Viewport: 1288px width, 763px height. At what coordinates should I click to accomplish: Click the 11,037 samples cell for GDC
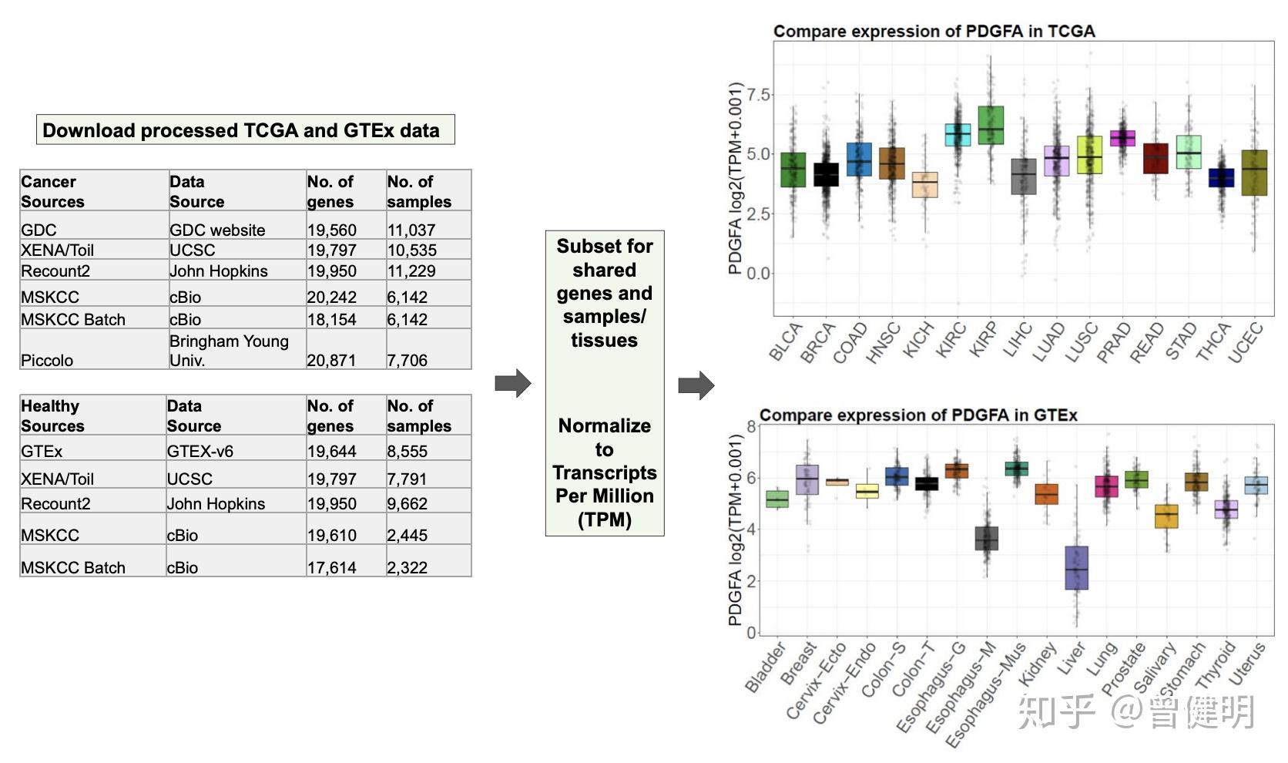coord(411,230)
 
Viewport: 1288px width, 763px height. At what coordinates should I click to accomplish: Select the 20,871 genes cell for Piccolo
coord(331,360)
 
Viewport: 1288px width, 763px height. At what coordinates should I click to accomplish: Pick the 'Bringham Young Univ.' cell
coord(229,350)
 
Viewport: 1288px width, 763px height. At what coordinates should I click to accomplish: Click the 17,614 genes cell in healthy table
coord(331,567)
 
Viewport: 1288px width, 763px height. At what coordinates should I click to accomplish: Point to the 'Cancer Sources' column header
coord(52,191)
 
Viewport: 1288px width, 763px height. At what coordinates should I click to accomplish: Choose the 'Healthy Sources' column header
coord(52,415)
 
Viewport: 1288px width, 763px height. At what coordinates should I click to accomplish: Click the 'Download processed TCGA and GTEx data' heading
coord(241,130)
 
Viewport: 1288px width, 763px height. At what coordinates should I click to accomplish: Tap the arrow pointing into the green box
coord(512,383)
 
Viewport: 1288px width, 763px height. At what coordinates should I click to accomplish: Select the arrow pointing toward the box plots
coord(696,385)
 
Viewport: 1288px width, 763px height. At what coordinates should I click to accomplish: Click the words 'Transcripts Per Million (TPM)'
coord(605,496)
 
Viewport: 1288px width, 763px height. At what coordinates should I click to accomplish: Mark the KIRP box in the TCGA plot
coord(991,126)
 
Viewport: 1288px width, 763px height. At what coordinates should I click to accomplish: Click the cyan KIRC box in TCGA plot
coord(958,135)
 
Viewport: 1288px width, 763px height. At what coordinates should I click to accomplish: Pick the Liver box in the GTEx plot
coord(1076,568)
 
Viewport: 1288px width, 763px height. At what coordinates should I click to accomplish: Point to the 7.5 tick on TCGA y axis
coord(758,95)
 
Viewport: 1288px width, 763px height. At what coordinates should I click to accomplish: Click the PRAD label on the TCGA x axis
coord(1114,342)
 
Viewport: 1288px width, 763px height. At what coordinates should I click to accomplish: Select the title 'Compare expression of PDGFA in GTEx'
coord(918,415)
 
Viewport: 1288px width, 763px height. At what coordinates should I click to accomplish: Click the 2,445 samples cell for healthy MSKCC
coord(407,535)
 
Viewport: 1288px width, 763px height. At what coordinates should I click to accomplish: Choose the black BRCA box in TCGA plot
coord(826,174)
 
